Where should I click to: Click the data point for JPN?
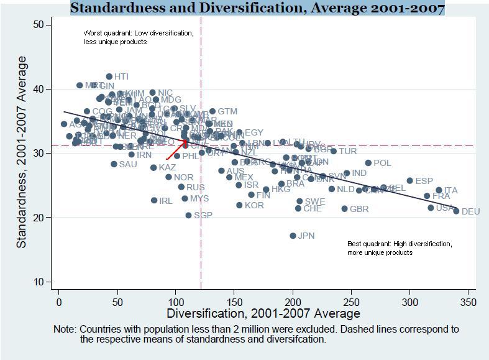293,236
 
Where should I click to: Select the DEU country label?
470,212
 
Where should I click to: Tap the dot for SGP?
189,216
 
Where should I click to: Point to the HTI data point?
109,76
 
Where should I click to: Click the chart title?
257,8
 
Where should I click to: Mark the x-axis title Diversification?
263,313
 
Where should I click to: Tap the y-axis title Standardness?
22,152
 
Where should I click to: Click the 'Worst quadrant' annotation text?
139,37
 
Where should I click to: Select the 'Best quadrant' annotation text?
400,248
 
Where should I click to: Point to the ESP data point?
410,181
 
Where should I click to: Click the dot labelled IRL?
154,200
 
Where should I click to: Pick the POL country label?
382,164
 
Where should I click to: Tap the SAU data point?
114,164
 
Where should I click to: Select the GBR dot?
345,209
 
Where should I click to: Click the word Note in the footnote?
64,330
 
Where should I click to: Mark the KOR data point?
240,205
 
